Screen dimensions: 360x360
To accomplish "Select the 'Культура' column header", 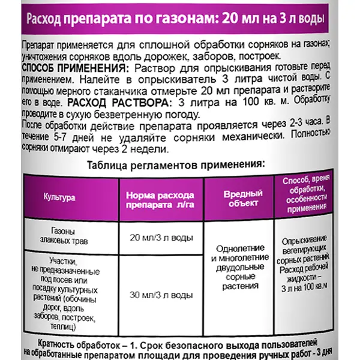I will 60,197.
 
